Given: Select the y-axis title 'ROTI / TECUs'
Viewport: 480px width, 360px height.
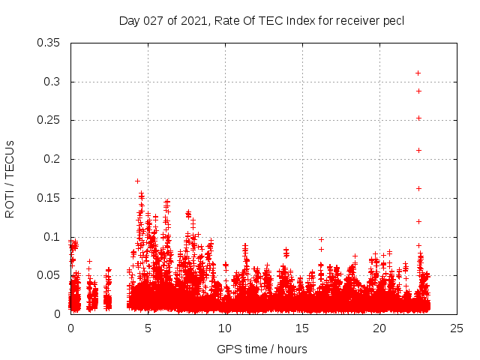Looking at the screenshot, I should pos(10,178).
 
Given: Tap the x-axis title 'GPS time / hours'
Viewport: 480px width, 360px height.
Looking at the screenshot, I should pos(262,349).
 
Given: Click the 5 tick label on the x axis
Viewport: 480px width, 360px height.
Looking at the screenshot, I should pos(148,328).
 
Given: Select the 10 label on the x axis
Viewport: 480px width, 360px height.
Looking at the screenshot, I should pos(226,328).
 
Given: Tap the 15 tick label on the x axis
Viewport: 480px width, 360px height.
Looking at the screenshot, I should pos(303,328).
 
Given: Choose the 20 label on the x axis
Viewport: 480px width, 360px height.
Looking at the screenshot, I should pos(380,328).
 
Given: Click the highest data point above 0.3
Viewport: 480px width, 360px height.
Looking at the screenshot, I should pos(418,73).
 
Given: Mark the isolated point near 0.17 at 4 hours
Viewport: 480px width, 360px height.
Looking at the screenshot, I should pos(137,181).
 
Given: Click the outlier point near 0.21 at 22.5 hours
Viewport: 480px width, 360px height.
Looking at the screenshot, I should pos(418,150).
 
